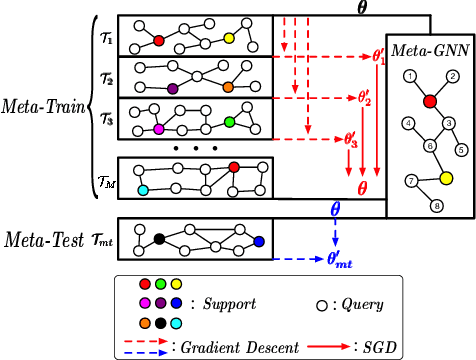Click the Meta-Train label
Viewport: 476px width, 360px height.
pos(43,104)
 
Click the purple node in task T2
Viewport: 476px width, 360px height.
pos(173,88)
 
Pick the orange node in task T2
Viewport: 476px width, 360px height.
pos(228,88)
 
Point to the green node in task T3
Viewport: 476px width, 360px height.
pos(230,122)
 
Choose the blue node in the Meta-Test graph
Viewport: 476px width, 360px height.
pos(258,242)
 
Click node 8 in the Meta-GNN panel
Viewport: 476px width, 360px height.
pos(435,206)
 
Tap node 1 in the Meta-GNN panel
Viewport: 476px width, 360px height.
pos(409,77)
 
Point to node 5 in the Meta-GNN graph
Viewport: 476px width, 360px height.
pos(461,150)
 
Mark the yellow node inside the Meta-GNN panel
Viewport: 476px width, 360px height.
pos(447,178)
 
